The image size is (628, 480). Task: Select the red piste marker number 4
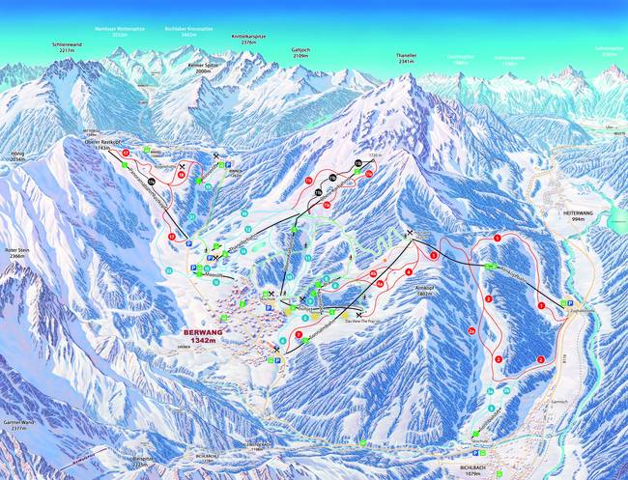click(x=409, y=271)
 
